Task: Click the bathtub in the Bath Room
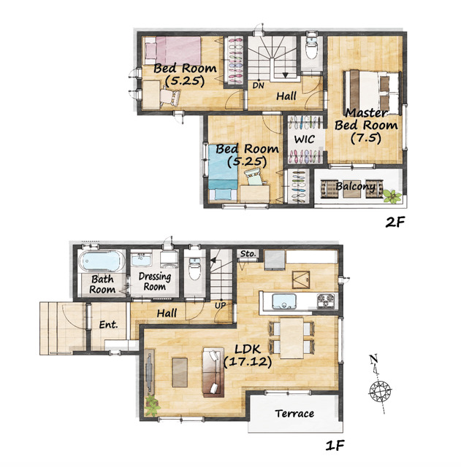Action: coord(102,261)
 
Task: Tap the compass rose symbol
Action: coord(380,390)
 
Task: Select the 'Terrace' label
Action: coord(294,414)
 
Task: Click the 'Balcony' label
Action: coord(355,187)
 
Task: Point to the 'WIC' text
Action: coord(304,139)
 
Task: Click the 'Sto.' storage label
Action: coord(248,254)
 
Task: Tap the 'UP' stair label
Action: coord(221,305)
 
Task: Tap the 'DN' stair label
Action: coord(258,85)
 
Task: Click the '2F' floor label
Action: coord(395,222)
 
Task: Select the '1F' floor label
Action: coord(335,446)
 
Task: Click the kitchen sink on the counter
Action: coord(284,301)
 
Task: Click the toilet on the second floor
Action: coord(312,48)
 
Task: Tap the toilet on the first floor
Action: coord(195,269)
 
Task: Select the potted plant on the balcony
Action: coord(392,196)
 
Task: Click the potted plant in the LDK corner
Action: coord(152,406)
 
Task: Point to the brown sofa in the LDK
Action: coord(213,372)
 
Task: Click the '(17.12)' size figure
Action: coord(247,362)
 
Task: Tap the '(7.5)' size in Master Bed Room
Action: coord(366,138)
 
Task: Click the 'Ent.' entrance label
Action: coord(108,324)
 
